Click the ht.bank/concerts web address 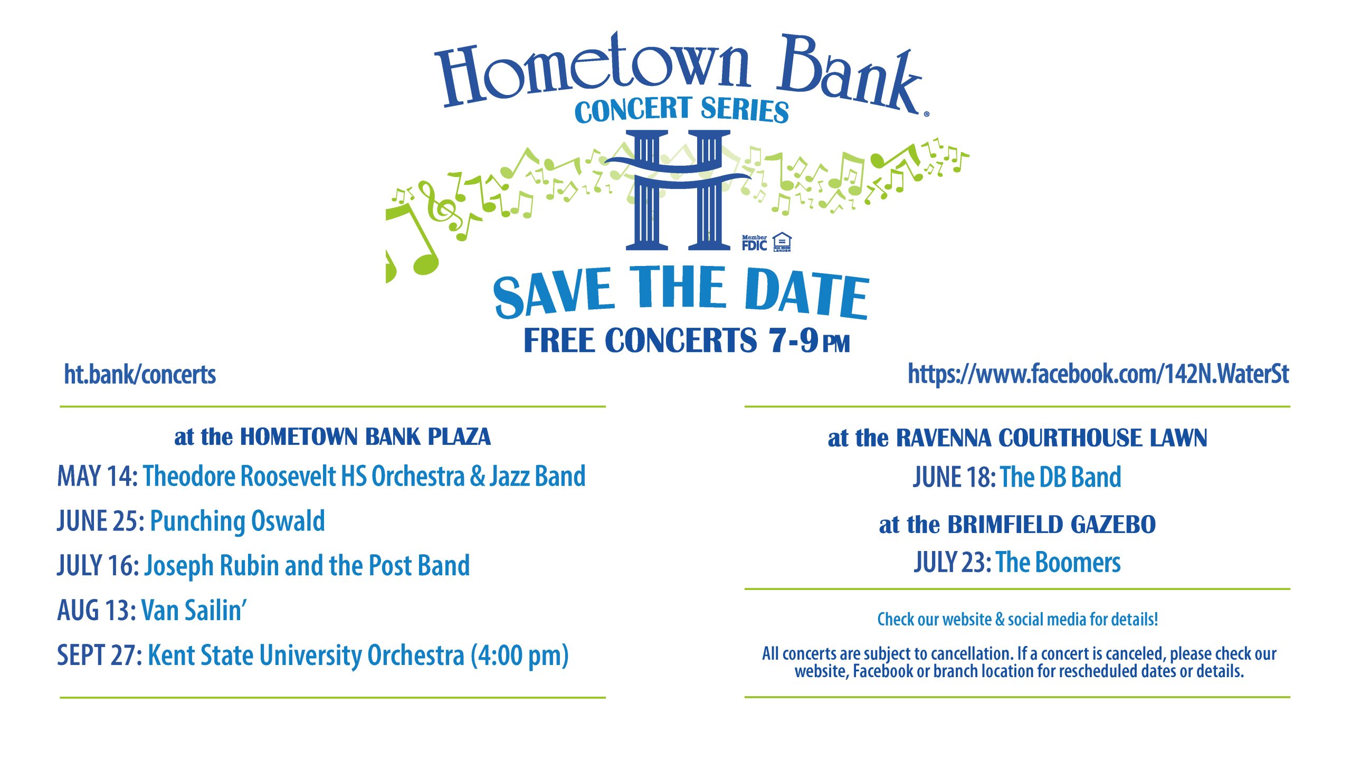coord(140,375)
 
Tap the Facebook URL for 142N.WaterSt coord(1098,374)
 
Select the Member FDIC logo coord(754,243)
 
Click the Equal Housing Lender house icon coord(782,242)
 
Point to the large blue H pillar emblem coord(679,190)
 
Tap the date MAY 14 coord(98,476)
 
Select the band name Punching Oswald coord(237,521)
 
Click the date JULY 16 coord(98,566)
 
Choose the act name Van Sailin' coord(194,610)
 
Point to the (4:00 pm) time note coord(520,656)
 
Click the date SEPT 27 coord(99,655)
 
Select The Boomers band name coord(1059,563)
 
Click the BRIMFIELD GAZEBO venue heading coord(1052,525)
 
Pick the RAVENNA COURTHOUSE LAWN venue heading coord(1052,438)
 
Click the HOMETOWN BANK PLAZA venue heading coord(365,437)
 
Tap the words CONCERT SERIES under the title coord(682,110)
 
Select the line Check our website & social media coord(1017,619)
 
